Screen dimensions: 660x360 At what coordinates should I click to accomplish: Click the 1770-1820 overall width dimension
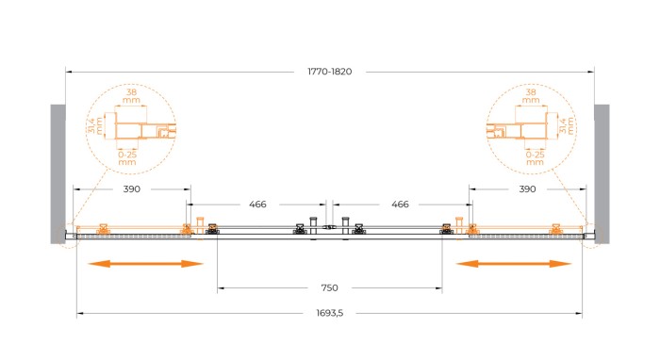pos(330,72)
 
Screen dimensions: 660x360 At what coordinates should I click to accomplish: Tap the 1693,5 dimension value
pos(330,313)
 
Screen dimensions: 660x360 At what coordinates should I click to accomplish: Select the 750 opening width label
pos(330,287)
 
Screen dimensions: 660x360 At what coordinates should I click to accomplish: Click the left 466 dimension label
pos(257,204)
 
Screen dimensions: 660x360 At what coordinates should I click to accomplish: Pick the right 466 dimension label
pos(400,204)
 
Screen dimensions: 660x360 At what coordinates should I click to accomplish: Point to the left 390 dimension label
pos(132,188)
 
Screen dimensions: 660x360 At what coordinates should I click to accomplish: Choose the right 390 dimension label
pos(527,188)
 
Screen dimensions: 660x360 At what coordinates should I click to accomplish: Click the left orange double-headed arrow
pos(145,264)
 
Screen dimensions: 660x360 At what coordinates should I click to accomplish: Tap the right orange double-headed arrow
pos(514,264)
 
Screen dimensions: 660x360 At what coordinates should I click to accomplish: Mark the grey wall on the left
pos(58,173)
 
